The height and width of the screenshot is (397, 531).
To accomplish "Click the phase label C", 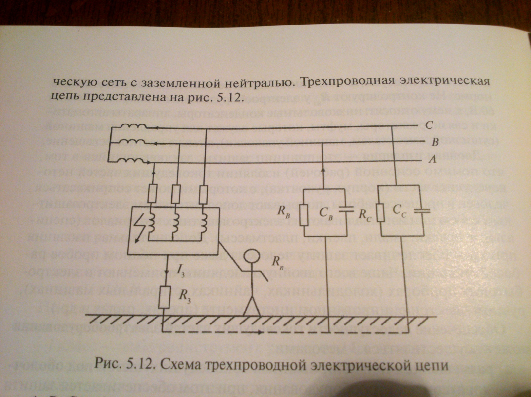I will pyautogui.click(x=429, y=125).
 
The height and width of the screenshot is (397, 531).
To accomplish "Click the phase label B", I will pyautogui.click(x=435, y=143).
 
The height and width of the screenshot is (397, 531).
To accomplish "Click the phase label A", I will pyautogui.click(x=432, y=160).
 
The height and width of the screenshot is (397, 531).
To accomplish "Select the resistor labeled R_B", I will pyautogui.click(x=304, y=213).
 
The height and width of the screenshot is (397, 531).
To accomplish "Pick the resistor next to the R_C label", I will pyautogui.click(x=381, y=212).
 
